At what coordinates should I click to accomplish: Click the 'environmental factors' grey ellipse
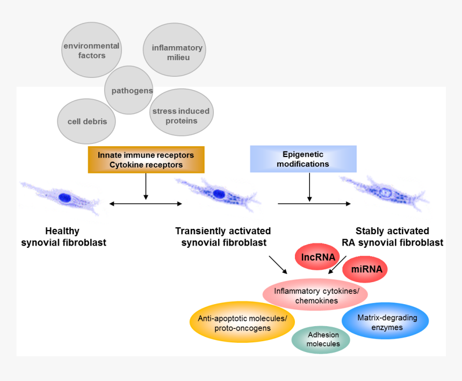click(91, 51)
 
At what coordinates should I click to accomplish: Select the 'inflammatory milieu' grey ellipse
click(175, 52)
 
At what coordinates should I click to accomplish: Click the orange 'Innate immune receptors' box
click(146, 160)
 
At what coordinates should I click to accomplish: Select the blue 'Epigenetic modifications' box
click(303, 159)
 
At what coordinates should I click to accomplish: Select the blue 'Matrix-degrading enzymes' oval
click(385, 321)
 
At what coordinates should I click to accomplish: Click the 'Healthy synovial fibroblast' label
click(63, 236)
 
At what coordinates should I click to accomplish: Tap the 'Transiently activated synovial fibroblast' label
click(223, 236)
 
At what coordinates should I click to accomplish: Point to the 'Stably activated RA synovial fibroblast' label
click(392, 236)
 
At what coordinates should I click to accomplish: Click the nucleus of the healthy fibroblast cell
click(64, 197)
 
